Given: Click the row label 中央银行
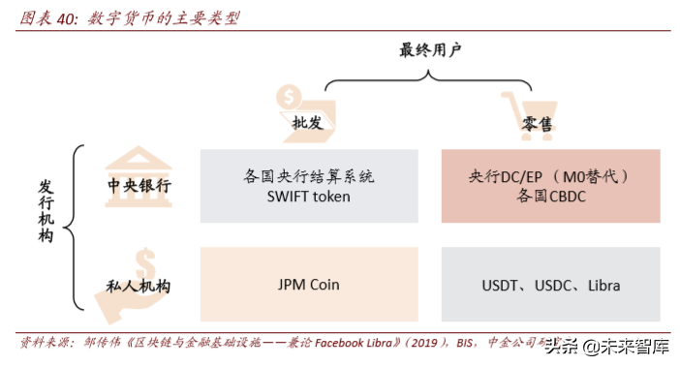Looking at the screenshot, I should point(139,185).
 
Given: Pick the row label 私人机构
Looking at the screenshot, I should point(139,286).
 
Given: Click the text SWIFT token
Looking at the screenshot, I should point(308,196).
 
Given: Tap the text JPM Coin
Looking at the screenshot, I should point(308,285).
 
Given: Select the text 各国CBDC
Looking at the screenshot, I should point(550,196).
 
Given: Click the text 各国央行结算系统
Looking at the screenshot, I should point(308,176).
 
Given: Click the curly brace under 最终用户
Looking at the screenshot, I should point(430,79).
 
